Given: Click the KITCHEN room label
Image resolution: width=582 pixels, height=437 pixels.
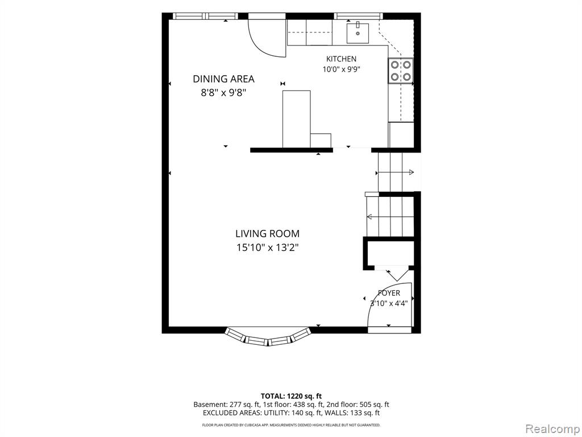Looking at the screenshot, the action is point(341,59).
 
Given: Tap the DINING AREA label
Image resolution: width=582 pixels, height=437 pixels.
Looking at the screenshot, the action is point(223,79).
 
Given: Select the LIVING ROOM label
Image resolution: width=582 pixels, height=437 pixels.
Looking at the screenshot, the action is point(267,234).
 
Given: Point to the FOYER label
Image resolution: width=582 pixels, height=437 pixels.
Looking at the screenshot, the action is point(389,293).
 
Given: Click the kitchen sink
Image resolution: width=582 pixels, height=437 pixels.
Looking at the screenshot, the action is point(358,33).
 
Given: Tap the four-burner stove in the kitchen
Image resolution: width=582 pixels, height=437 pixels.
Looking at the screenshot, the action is point(401,71).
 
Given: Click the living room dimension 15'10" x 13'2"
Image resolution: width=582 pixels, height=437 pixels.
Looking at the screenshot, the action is point(267,247).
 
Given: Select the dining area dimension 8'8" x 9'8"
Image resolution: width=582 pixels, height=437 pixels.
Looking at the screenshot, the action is point(223,93).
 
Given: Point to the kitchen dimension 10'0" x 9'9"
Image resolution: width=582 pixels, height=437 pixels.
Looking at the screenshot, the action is point(342,69).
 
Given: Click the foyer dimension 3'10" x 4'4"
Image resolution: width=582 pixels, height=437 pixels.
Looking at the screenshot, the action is point(389,303).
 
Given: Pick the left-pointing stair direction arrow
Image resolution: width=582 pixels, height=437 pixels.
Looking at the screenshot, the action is point(390,217).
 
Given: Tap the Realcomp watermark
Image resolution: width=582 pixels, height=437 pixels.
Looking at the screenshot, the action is point(552,428).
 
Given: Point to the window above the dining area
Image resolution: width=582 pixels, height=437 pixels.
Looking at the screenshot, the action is point(206,16).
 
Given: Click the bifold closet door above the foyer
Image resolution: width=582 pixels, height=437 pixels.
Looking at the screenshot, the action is point(394,273).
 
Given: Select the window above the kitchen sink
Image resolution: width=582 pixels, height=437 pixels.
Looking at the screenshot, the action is point(358,16).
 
